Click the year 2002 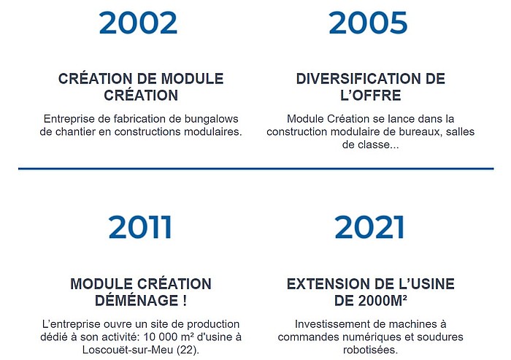pyautogui.click(x=138, y=23)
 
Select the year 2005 pyautogui.click(x=368, y=23)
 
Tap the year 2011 pyautogui.click(x=140, y=227)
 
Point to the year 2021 pyautogui.click(x=369, y=227)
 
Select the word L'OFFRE pyautogui.click(x=371, y=95)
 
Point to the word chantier pyautogui.click(x=75, y=131)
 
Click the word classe pyautogui.click(x=374, y=145)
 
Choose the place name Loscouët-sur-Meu pyautogui.click(x=128, y=350)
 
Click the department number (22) pyautogui.click(x=188, y=351)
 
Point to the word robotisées pyautogui.click(x=371, y=350)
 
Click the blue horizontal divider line pyautogui.click(x=255, y=169)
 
